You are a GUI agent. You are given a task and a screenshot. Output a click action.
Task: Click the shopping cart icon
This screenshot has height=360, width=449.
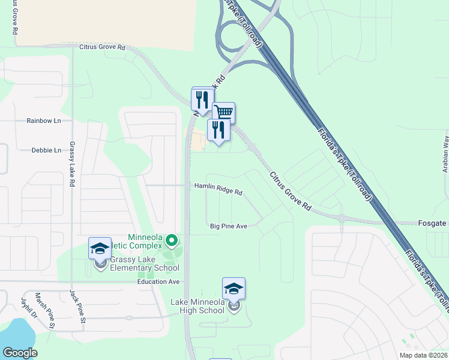click(x=224, y=112)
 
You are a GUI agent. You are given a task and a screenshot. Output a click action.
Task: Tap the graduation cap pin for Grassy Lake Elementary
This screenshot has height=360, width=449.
click(x=100, y=248)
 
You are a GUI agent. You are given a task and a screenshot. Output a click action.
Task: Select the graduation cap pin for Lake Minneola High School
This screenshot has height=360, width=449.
click(x=234, y=289)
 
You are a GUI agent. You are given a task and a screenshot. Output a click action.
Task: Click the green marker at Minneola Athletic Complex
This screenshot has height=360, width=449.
click(x=171, y=241)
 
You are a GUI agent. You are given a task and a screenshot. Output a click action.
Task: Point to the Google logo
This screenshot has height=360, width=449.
click(x=20, y=352)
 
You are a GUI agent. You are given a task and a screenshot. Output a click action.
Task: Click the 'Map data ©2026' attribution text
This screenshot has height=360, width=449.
click(x=423, y=355)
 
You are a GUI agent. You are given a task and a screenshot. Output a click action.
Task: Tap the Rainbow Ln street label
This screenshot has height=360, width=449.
click(x=44, y=121)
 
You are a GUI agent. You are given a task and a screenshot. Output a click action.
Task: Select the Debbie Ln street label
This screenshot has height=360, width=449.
click(x=46, y=150)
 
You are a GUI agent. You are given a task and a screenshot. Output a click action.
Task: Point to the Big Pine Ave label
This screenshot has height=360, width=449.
click(x=229, y=226)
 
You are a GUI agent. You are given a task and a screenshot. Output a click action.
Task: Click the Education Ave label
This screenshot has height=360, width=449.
click(x=158, y=281)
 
